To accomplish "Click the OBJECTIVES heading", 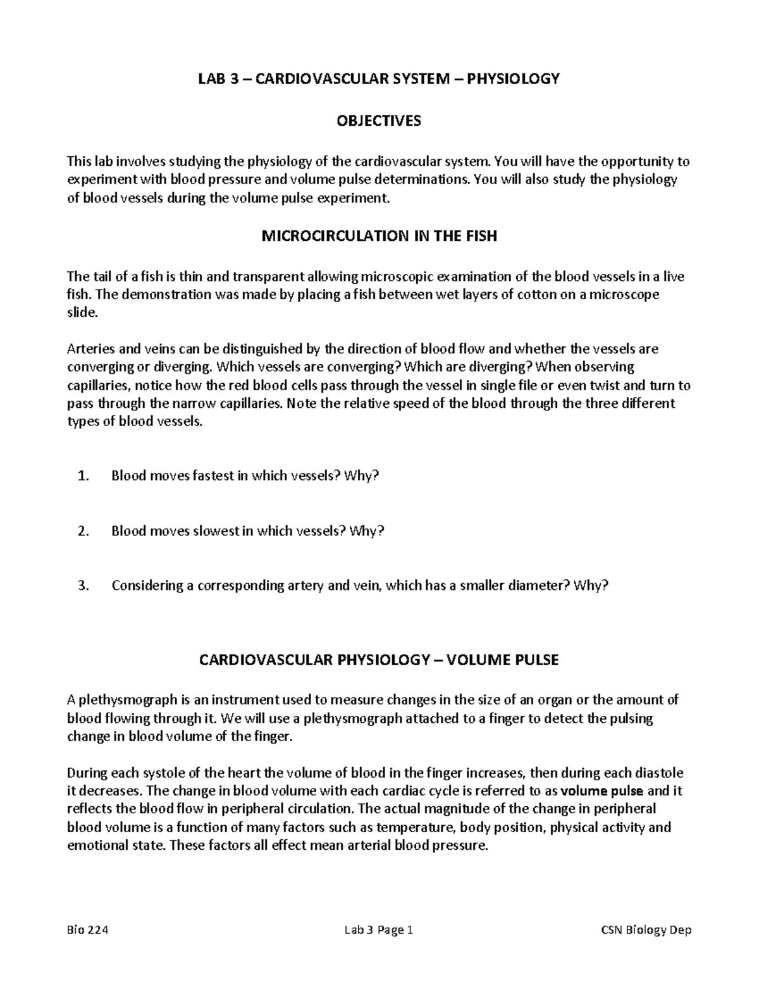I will click(379, 121).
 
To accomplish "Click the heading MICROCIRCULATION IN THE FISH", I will click(379, 236).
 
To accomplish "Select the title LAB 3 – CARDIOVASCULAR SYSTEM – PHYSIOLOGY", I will click(379, 79).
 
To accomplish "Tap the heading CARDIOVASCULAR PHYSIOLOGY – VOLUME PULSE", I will click(379, 660).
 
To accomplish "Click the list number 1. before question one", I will click(83, 476).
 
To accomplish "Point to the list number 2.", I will click(83, 531).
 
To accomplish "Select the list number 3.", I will click(83, 586).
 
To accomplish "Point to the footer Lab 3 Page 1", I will click(379, 930).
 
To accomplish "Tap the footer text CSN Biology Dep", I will click(646, 930).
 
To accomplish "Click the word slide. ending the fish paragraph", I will click(83, 313).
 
